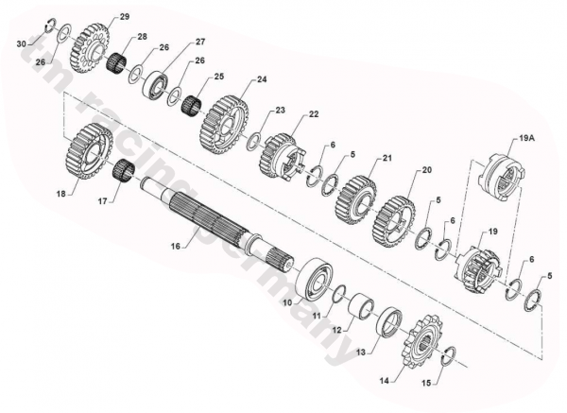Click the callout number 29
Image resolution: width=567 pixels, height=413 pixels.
tap(125, 17)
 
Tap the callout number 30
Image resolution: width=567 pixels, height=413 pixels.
tap(22, 44)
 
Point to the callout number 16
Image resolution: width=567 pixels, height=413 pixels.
tap(176, 247)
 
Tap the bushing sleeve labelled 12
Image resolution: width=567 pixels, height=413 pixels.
tap(361, 307)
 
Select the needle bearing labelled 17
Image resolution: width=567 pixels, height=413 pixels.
tap(125, 171)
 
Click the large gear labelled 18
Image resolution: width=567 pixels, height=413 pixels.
tap(90, 151)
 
